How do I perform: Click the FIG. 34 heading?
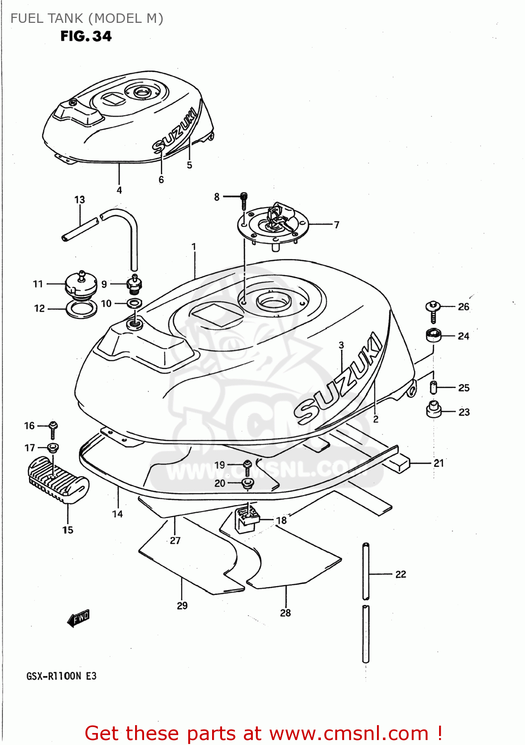(x=86, y=36)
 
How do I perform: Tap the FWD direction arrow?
(x=78, y=618)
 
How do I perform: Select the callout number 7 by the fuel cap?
(x=337, y=225)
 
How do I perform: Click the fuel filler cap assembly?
(x=274, y=223)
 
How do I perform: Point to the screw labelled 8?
(x=243, y=201)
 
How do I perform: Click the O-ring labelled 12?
(x=81, y=310)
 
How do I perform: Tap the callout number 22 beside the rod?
(x=400, y=574)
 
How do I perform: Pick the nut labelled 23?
(x=434, y=410)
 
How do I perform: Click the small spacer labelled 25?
(x=433, y=387)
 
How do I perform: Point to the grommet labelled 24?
(x=434, y=335)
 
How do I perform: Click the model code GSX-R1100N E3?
(x=62, y=676)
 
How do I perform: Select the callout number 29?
(x=182, y=605)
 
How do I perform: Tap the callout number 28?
(x=285, y=613)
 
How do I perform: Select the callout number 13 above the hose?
(x=79, y=200)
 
